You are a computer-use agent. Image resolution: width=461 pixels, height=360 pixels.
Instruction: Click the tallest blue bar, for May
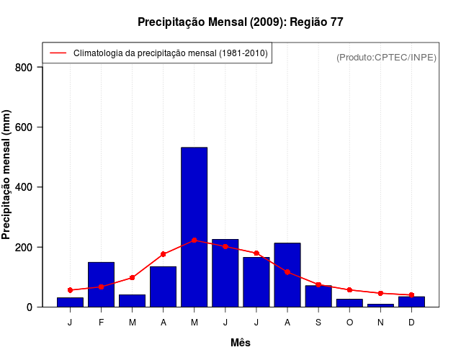point(194,227)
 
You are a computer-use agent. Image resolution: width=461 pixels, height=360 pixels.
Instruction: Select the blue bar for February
point(101,284)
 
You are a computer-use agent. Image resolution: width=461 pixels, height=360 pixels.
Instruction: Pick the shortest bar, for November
point(380,305)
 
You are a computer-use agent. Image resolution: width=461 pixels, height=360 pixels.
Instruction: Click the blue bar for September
point(318,296)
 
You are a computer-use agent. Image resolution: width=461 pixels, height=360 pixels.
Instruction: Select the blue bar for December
point(411,302)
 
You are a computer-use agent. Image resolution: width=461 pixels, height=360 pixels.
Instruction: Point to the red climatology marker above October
point(349,290)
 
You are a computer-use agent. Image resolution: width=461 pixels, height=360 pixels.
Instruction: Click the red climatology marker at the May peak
point(194,240)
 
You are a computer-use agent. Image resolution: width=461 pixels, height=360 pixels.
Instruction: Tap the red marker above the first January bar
point(70,290)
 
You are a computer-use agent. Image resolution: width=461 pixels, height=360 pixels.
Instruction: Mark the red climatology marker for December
point(411,294)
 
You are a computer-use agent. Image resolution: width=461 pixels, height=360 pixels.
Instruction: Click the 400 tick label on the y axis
point(24,187)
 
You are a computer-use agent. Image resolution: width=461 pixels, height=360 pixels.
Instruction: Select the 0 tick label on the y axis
point(29,307)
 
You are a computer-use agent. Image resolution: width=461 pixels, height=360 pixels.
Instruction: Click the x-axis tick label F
point(101,323)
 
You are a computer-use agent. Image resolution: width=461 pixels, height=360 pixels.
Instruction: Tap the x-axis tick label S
point(318,323)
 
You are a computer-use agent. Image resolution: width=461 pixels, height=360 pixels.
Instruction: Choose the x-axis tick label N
point(380,323)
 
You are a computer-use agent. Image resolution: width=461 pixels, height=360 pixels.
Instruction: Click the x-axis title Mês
point(241,343)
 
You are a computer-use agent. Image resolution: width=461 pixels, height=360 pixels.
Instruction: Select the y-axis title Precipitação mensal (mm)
point(7,175)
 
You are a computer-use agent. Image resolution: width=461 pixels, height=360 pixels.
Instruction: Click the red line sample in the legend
point(58,53)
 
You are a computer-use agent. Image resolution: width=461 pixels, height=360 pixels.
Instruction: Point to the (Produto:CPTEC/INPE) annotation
point(386,57)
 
